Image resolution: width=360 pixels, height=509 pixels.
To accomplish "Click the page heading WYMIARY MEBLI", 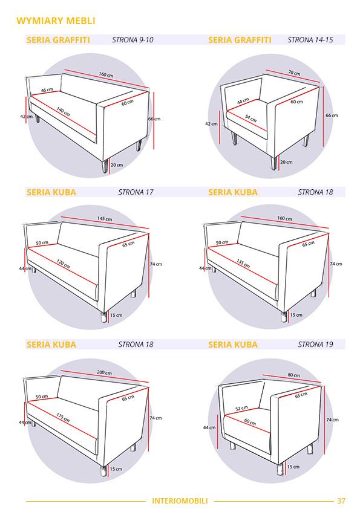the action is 56,21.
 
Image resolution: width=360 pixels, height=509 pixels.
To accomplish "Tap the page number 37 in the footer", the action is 341,501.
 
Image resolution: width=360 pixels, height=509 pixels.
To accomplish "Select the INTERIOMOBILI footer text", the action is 180,501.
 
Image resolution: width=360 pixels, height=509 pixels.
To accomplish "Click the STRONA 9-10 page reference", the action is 133,40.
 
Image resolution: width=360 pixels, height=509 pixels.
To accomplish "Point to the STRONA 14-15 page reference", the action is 310,40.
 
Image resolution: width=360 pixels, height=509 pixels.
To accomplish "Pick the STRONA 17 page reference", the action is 136,192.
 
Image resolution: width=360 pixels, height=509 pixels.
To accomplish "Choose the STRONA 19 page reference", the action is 315,345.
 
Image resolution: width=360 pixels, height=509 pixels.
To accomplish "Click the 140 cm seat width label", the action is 64,111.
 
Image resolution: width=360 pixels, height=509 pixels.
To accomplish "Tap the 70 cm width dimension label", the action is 295,73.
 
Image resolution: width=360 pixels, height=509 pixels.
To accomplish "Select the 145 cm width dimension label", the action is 105,219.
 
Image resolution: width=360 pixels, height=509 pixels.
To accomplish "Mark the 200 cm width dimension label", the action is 104,372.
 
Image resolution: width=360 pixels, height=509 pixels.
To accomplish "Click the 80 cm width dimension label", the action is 293,375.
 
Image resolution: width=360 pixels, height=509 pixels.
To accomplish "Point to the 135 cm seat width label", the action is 243,263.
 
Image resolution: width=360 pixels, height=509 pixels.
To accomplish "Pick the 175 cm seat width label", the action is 63,417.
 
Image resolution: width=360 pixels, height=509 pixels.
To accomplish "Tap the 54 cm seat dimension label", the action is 250,118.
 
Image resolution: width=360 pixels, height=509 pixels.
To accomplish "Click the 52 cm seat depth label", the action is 241,408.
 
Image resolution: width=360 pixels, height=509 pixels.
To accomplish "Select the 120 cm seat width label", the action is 63,263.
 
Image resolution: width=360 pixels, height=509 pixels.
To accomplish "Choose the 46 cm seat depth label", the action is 47,89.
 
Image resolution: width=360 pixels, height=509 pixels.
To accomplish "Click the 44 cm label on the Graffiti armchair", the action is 243,101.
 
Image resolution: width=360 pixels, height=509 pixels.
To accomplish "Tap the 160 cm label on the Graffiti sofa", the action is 106,75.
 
